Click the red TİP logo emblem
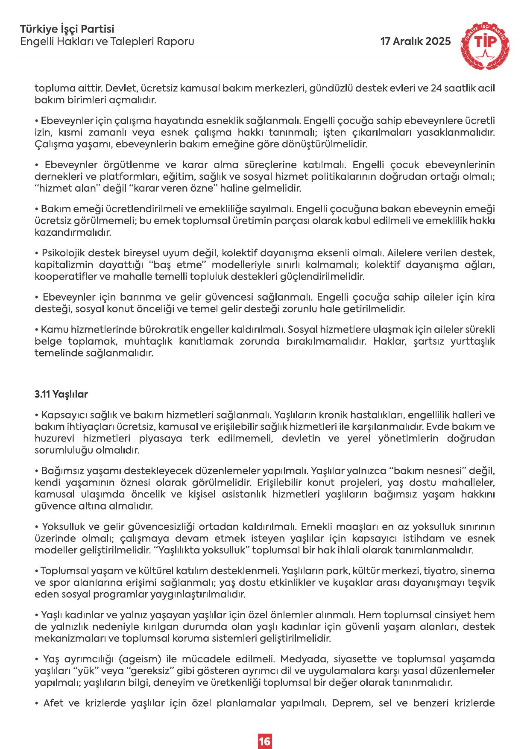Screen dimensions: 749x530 pyautogui.click(x=486, y=45)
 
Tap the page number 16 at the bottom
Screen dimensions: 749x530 pyautogui.click(x=264, y=729)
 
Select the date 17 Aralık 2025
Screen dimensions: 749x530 pyautogui.click(x=416, y=41)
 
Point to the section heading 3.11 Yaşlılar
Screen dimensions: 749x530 pyautogui.click(x=61, y=394)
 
